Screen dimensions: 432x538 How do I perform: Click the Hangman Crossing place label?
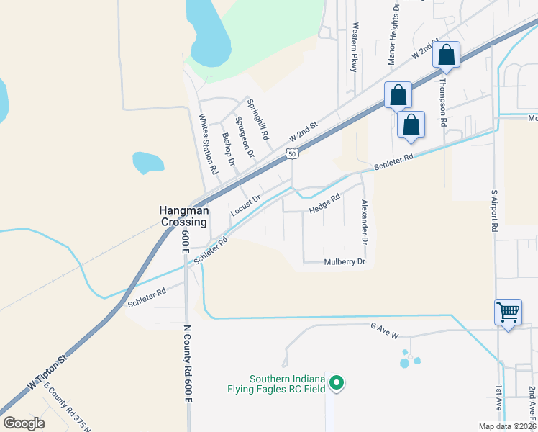(183, 216)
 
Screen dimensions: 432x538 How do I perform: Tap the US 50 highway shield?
(291, 153)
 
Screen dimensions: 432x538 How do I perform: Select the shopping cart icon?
(508, 312)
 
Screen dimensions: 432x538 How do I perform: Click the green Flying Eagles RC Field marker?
(336, 383)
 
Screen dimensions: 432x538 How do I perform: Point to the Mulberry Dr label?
(345, 262)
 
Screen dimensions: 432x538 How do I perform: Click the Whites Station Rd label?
(208, 144)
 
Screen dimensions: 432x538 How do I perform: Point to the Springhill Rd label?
(257, 119)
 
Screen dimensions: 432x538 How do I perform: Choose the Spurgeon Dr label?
(245, 137)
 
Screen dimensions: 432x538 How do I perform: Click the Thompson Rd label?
(444, 101)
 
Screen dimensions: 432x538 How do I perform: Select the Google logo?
(24, 423)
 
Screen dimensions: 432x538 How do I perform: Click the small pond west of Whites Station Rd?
(147, 163)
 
